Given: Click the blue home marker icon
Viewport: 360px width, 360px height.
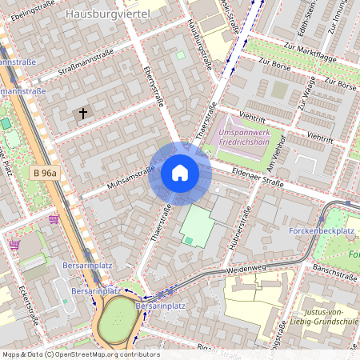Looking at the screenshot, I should [180, 173].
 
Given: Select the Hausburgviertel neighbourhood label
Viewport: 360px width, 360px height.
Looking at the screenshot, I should [109, 14].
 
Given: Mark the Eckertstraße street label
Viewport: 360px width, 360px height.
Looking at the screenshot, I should [24, 301].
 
